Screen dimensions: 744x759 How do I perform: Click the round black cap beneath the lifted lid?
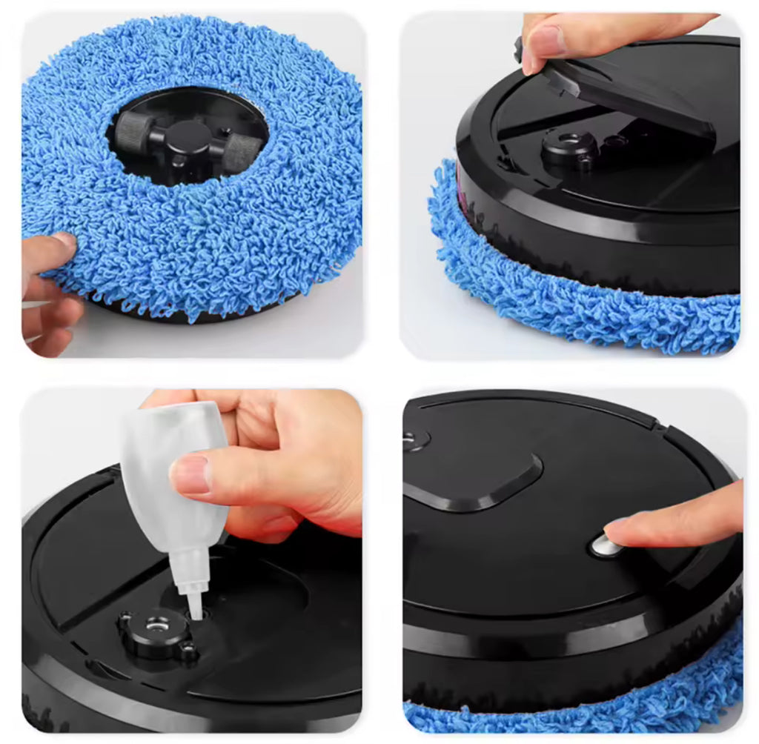click(x=569, y=145)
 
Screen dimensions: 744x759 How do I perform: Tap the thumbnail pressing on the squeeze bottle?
click(x=191, y=475)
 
